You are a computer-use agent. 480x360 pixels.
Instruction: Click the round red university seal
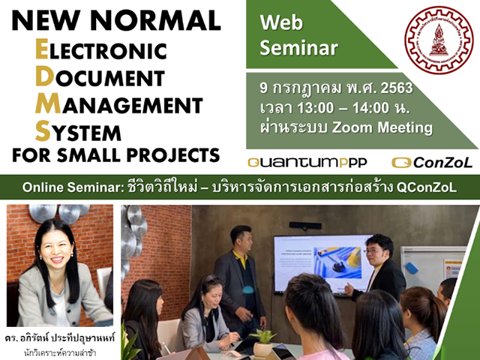(x=439, y=40)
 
